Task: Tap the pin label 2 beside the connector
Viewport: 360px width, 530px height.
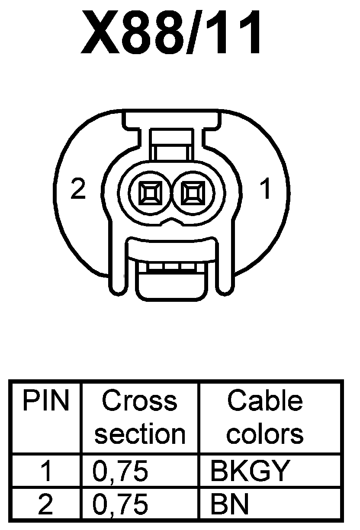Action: [78, 190]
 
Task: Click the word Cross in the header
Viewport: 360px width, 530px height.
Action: [139, 401]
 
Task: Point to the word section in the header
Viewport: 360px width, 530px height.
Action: [139, 434]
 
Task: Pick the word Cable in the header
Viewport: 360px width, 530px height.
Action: [264, 401]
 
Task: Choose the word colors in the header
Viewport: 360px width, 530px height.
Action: [264, 434]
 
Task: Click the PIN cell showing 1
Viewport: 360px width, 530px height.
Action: [46, 471]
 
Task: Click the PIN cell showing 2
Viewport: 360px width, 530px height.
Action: [46, 504]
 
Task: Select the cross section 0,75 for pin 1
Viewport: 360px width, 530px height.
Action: [120, 471]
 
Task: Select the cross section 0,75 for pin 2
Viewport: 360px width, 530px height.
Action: [120, 504]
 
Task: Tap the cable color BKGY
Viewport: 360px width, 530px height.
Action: [248, 471]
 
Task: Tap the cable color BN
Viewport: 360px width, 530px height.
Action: [229, 504]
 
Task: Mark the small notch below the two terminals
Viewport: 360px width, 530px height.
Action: [171, 222]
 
